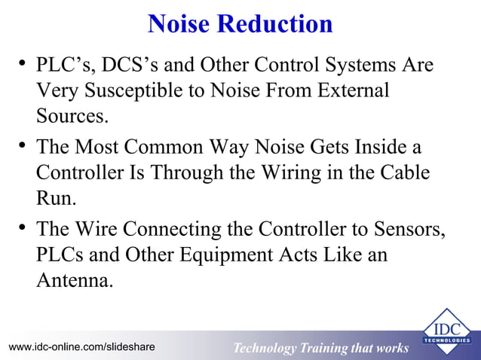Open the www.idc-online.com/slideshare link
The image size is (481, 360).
[x=82, y=346]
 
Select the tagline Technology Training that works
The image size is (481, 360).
[x=320, y=348]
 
